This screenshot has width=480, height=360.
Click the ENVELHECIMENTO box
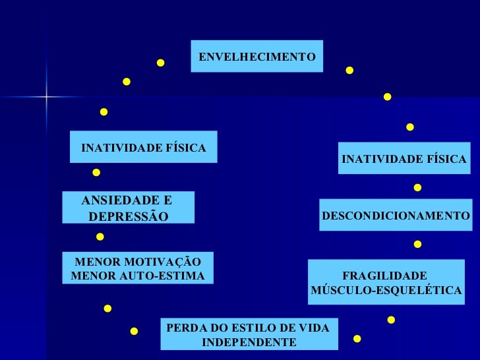(x=256, y=57)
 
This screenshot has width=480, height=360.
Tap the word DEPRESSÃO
(x=128, y=217)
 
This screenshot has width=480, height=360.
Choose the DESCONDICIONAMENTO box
(x=396, y=216)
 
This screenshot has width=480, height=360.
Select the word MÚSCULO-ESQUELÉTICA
(x=386, y=290)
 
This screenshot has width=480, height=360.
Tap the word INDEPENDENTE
(x=249, y=343)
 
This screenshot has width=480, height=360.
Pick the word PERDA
(x=184, y=328)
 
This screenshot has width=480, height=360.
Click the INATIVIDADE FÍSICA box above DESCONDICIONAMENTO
(x=404, y=159)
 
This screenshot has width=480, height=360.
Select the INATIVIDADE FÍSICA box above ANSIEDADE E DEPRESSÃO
(x=144, y=147)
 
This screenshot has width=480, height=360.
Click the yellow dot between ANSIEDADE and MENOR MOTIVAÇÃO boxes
(x=100, y=236)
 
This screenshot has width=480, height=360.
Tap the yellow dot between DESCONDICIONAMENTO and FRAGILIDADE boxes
(x=417, y=245)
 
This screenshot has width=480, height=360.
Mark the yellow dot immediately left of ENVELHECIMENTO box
(x=160, y=63)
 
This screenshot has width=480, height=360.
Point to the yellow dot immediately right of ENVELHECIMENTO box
(x=349, y=70)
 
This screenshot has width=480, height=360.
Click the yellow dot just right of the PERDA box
(x=357, y=339)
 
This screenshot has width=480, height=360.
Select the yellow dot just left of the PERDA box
(x=134, y=331)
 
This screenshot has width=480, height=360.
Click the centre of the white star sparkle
(x=47, y=98)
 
